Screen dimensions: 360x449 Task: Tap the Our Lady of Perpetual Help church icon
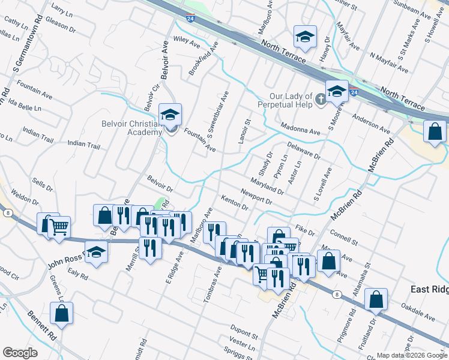pos(321,98)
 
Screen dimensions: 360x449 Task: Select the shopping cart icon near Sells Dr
pos(59,228)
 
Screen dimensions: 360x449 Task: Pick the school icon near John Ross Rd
pos(95,254)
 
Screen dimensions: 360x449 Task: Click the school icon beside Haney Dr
pos(305,38)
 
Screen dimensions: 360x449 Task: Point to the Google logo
pos(20,352)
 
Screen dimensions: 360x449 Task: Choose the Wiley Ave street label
pos(186,43)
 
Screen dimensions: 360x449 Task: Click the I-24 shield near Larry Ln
pos(190,19)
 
